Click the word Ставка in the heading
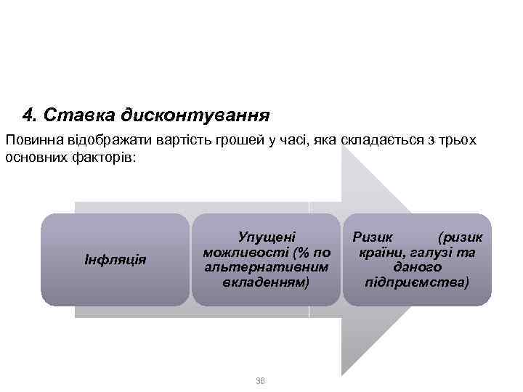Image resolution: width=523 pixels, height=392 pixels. (70, 115)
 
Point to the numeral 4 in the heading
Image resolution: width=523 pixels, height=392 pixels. (28, 115)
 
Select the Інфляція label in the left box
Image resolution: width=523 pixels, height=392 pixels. (115, 259)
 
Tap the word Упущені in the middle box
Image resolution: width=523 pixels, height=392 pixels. (267, 237)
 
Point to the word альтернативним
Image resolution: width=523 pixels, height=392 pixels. (266, 266)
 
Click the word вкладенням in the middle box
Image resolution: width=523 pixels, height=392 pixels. (266, 281)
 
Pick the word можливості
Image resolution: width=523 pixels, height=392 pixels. (248, 252)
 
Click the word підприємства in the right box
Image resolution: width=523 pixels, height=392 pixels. (417, 281)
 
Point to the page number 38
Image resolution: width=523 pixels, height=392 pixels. (261, 380)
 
